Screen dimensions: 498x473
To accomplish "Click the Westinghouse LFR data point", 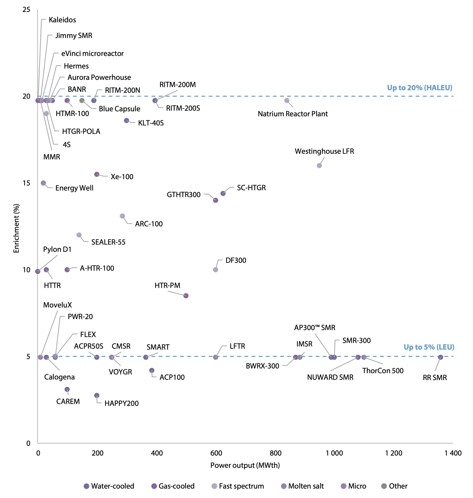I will (319, 165).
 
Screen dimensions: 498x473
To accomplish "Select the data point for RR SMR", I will (440, 357).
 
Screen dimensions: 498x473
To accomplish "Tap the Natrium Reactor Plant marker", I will (286, 101).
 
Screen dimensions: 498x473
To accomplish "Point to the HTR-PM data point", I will (186, 296).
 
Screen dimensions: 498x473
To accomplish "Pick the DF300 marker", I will (215, 270).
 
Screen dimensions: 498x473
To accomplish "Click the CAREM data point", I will (67, 389).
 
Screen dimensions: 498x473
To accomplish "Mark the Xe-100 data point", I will (97, 174).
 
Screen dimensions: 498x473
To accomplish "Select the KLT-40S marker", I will (126, 120).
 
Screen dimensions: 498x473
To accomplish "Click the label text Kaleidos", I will (62, 20).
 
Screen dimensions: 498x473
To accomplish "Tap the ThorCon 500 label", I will (383, 371).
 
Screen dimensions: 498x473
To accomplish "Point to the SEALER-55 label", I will (108, 242).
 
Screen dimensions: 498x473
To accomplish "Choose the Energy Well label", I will (74, 188).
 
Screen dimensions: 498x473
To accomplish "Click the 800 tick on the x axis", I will (275, 453).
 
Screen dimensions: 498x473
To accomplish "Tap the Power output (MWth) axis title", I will (245, 465).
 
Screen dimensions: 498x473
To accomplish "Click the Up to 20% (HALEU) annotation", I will (419, 88).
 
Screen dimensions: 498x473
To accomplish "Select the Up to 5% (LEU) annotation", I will (429, 347).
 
